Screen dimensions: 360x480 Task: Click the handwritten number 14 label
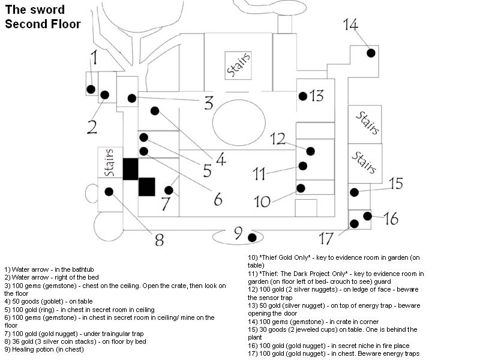351,25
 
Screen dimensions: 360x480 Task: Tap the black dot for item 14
371,53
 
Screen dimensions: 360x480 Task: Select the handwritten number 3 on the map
208,103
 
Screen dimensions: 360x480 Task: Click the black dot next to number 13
303,96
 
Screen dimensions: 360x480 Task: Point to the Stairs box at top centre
238,65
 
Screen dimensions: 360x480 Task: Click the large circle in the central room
239,122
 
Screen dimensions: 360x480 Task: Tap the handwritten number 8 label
159,240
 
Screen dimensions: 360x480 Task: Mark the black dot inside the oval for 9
252,238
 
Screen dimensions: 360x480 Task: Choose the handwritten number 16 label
391,219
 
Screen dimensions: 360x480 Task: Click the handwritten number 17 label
326,239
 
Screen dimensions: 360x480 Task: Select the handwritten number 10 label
262,201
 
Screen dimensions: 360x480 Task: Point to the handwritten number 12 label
277,139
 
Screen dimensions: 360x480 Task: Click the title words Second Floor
43,24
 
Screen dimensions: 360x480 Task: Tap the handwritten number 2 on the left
92,127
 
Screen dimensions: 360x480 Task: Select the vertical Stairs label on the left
109,163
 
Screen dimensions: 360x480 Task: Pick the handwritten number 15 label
395,184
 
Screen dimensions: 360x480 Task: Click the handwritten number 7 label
166,204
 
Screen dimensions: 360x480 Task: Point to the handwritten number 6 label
218,199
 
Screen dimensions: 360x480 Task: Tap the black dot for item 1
91,89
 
